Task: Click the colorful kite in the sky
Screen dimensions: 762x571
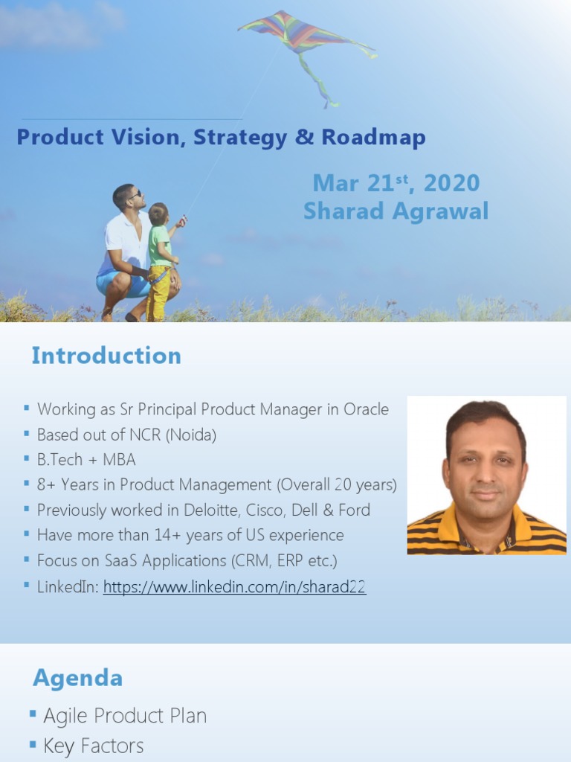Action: tap(297, 33)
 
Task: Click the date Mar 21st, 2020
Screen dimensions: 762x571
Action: tap(396, 183)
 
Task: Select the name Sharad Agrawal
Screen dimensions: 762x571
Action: tap(396, 211)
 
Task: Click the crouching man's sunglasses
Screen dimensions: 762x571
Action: tap(135, 194)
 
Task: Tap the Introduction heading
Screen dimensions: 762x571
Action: tap(106, 356)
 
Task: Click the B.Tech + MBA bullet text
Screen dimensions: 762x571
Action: tap(86, 460)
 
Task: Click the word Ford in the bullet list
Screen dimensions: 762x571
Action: tap(353, 510)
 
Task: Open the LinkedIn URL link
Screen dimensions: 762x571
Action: tap(234, 587)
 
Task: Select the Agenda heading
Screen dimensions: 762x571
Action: tap(78, 678)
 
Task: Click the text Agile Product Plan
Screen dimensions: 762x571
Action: tap(125, 716)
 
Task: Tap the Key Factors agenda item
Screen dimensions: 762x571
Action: tap(94, 746)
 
